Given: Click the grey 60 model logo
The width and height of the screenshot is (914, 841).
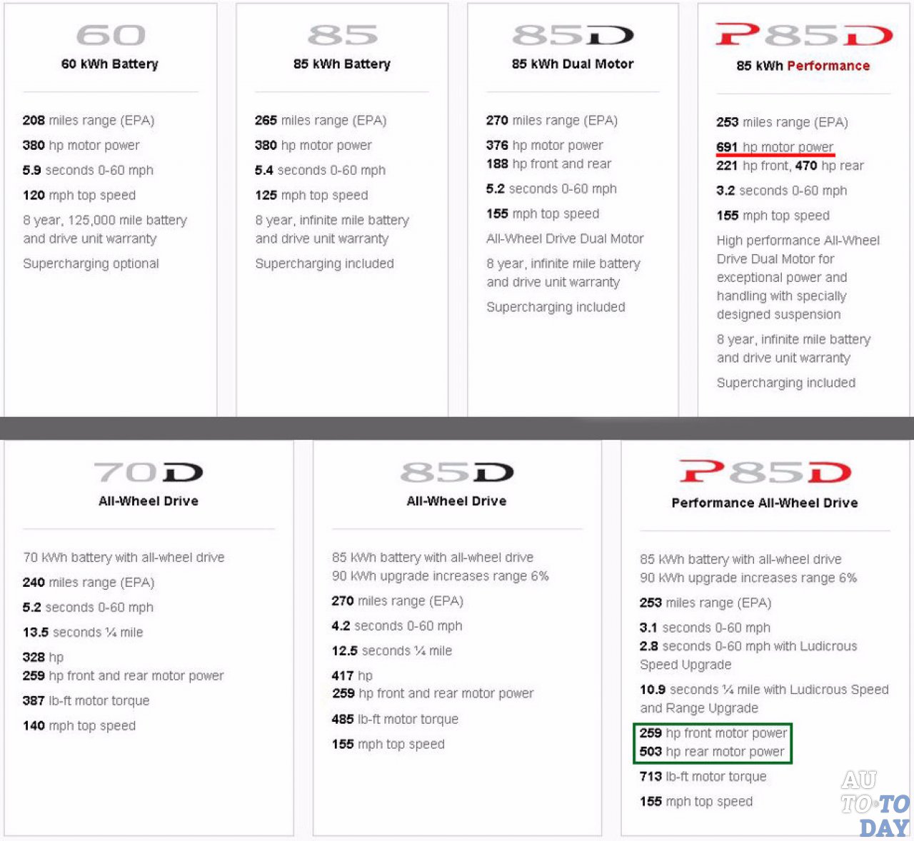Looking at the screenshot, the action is coord(111,35).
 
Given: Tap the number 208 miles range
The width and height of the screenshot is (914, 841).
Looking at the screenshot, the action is coord(34,120).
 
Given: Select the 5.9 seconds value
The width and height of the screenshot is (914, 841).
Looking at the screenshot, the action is coord(32,170).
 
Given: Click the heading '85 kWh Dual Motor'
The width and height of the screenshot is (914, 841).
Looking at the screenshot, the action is coord(572,64).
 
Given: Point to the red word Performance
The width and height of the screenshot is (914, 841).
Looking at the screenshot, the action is coord(828,66).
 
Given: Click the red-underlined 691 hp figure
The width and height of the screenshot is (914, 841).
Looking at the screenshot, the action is coord(727,146).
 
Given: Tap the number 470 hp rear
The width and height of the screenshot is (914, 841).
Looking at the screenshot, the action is coord(806,166).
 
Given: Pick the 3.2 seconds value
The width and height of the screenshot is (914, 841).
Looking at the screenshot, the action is coord(725,191).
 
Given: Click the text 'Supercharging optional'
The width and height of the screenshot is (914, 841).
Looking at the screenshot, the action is coord(91,263).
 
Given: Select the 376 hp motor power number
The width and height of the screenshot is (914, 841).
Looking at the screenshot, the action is coord(497,146).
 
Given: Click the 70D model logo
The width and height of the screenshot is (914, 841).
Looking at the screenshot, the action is coord(149,472).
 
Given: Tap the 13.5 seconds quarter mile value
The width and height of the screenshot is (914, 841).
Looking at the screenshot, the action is coord(36,633).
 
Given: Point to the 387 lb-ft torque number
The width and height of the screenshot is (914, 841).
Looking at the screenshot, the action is coord(34,700).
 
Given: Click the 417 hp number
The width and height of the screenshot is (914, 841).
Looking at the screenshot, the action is coord(343,675).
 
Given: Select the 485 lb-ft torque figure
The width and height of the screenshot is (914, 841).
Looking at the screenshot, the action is coord(343,719).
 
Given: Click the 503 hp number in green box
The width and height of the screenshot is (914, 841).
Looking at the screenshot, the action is coord(651,751).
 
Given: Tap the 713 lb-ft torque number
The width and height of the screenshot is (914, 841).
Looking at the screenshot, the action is coord(651,776).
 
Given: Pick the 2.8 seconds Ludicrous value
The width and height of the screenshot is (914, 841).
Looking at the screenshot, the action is coord(649,646).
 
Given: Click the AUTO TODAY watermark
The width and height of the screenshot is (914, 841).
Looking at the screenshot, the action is coord(875,804).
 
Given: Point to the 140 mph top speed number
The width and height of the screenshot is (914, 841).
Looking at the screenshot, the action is coord(34,725).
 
